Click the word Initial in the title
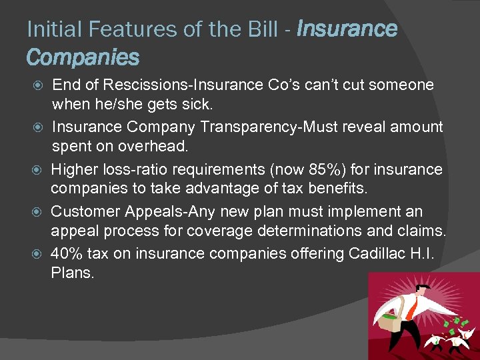pos(48,29)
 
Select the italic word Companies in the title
pos(83,57)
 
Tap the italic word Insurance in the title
pos(347,29)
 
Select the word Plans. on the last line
pos(73,273)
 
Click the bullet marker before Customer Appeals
pos(38,212)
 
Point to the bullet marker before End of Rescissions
pos(38,85)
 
